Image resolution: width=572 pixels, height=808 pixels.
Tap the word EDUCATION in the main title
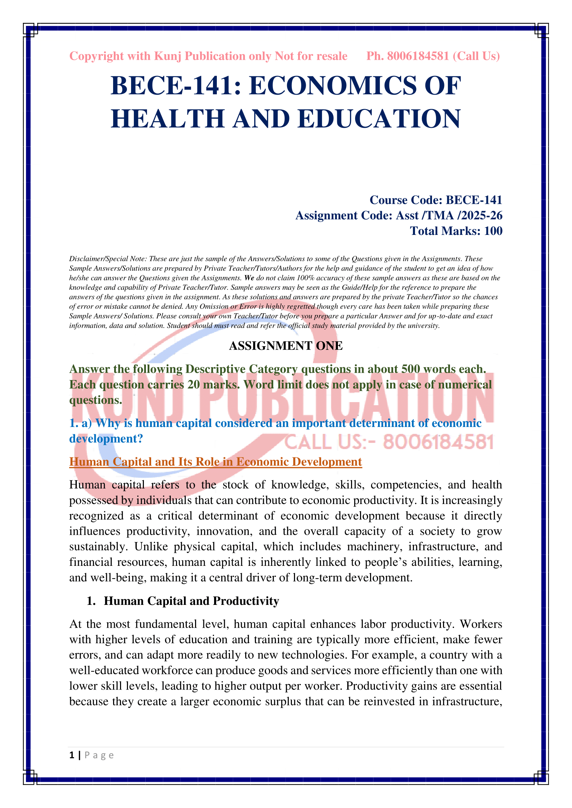(379, 118)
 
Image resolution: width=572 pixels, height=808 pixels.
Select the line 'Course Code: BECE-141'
(435, 200)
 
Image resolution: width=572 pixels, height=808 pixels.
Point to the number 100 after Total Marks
(493, 231)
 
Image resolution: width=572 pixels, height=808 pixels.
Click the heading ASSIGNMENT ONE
(286, 345)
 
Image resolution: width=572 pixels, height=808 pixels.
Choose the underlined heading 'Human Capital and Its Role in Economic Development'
(215, 462)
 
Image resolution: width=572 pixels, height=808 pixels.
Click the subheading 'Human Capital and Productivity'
(191, 601)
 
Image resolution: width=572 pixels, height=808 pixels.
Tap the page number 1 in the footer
(72, 755)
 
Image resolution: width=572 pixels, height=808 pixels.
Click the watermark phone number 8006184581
(438, 442)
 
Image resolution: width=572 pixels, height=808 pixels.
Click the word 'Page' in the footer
(99, 755)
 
